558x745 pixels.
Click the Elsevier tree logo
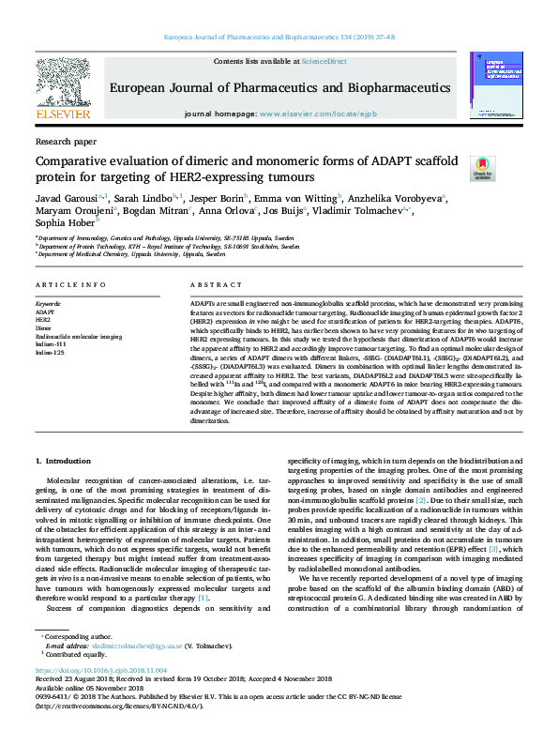point(63,87)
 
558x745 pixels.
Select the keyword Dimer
point(45,327)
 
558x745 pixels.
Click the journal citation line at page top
point(279,38)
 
